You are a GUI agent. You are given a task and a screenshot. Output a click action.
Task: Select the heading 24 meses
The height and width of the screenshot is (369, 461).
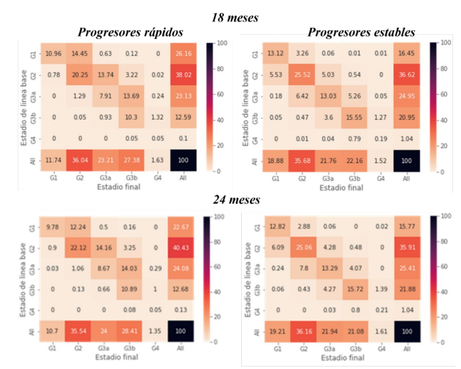(236, 200)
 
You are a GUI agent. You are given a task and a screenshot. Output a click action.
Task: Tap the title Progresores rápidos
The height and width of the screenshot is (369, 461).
(132, 33)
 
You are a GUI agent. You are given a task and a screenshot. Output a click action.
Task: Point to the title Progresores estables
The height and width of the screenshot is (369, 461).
(361, 33)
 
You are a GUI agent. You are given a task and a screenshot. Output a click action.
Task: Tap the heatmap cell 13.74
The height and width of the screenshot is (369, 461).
(104, 74)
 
